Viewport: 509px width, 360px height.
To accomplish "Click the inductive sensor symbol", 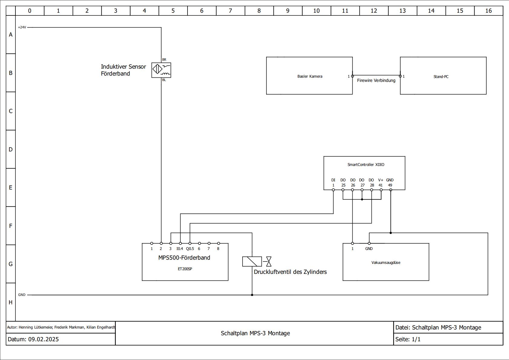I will pyautogui.click(x=161, y=70).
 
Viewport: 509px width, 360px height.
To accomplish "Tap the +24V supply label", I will pyautogui.click(x=22, y=27).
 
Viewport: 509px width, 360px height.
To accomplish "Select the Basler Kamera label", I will pyautogui.click(x=310, y=76).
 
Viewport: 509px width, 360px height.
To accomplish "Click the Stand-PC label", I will pyautogui.click(x=441, y=77).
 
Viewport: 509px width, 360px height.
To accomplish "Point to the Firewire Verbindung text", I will pyautogui.click(x=376, y=80).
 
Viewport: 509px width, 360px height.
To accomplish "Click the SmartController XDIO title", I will pyautogui.click(x=366, y=165).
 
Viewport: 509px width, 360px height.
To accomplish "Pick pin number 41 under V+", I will pyautogui.click(x=380, y=185).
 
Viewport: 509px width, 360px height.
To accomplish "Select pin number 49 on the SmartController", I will pyautogui.click(x=390, y=185).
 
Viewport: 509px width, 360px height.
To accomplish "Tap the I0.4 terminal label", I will pyautogui.click(x=180, y=249).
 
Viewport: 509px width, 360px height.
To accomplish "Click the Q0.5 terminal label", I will pyautogui.click(x=190, y=249).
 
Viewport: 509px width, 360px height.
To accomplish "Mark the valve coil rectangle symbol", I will pyautogui.click(x=252, y=261).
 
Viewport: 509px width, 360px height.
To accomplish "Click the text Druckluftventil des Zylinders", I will pyautogui.click(x=290, y=272).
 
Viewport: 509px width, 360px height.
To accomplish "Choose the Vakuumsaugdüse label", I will pyautogui.click(x=386, y=263).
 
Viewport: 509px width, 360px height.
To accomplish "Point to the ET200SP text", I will pyautogui.click(x=185, y=269).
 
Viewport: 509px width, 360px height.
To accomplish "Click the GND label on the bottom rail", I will pyautogui.click(x=22, y=295).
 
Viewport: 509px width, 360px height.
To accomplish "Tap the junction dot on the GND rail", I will pyautogui.click(x=252, y=295).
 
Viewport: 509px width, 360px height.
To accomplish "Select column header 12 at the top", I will pyautogui.click(x=374, y=11).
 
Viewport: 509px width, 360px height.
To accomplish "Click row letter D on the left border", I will pyautogui.click(x=11, y=149).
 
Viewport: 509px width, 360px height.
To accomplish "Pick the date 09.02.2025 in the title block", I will pyautogui.click(x=44, y=339).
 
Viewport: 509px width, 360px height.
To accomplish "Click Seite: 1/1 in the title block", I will pyautogui.click(x=408, y=339).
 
